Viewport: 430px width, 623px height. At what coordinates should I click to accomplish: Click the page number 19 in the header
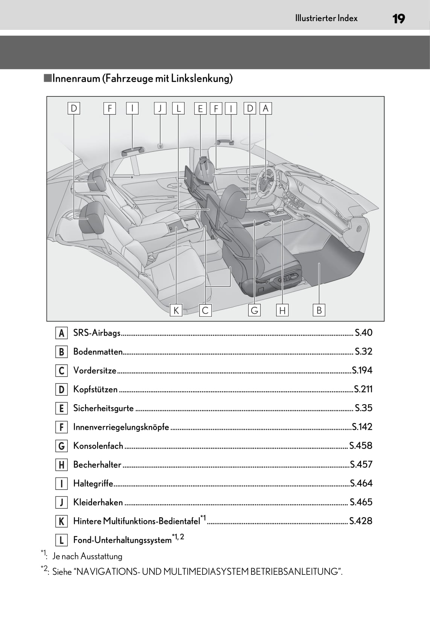398,18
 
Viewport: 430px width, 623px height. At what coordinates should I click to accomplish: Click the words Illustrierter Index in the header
326,18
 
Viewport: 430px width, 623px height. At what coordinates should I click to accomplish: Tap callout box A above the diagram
265,108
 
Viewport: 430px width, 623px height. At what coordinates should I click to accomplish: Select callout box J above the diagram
160,108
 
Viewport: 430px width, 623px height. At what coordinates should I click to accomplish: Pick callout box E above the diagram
200,108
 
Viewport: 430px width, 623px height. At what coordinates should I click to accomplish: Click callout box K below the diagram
175,310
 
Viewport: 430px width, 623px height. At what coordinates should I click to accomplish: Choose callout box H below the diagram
282,310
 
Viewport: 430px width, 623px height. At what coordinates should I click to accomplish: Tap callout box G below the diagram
255,310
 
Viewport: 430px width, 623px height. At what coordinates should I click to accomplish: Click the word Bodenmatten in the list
98,352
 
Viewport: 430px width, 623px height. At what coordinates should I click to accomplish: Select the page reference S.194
362,370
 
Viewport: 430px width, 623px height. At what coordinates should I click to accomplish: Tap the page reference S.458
361,446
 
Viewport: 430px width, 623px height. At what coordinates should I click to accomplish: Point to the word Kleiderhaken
98,502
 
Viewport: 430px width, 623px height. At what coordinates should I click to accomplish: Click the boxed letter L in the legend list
61,540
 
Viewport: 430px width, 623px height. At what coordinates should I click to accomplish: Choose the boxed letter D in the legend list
61,389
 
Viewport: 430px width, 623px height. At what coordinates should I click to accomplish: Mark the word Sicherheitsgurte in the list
103,408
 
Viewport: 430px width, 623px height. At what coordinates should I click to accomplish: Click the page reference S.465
361,502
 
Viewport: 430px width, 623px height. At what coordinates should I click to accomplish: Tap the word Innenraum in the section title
76,78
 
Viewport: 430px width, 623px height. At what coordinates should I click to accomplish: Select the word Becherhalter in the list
97,465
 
